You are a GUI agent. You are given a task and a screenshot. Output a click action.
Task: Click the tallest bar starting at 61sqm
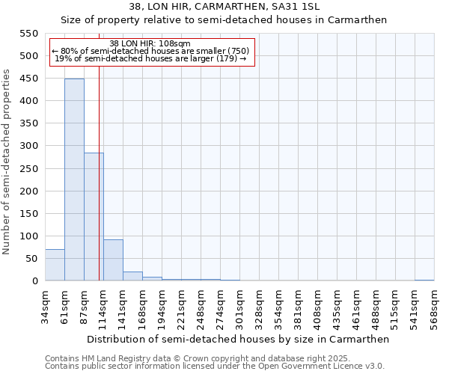click(74, 180)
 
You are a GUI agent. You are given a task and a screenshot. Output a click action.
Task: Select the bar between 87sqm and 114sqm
click(94, 217)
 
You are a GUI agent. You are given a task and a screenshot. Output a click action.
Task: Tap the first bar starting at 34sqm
click(55, 265)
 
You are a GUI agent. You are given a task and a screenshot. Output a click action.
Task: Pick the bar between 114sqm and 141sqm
click(113, 260)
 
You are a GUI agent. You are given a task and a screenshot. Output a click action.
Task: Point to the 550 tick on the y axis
click(28, 34)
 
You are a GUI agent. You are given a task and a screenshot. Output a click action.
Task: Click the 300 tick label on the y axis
click(28, 146)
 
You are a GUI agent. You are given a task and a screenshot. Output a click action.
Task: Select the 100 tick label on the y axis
click(28, 236)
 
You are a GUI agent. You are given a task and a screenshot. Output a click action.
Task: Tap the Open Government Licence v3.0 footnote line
click(215, 367)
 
